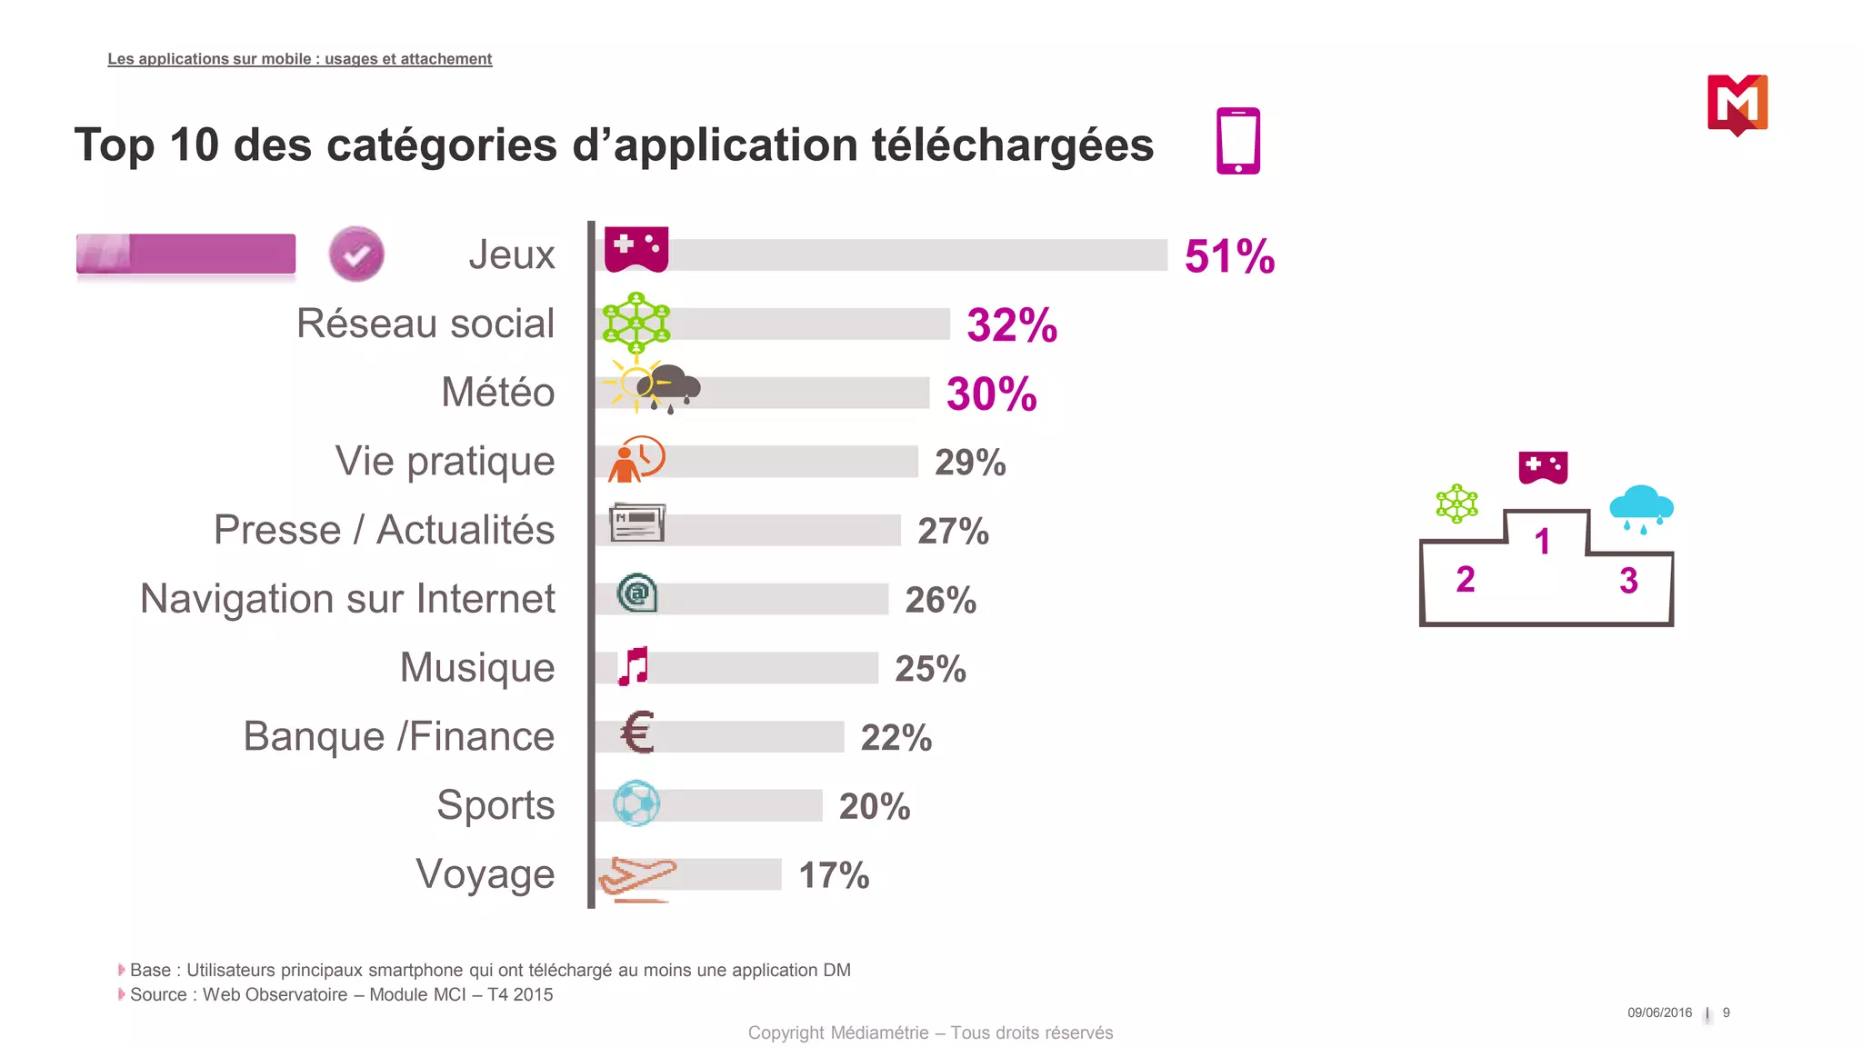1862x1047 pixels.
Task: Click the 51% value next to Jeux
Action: (x=1229, y=256)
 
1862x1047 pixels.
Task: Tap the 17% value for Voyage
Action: (x=834, y=875)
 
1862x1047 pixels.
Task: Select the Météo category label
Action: (x=497, y=393)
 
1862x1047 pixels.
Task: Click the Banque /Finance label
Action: (x=398, y=736)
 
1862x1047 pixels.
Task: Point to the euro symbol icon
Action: (x=637, y=733)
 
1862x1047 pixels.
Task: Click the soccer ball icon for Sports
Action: (x=636, y=803)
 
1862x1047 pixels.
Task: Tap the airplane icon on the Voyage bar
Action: (x=636, y=877)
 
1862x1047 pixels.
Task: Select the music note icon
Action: (x=634, y=666)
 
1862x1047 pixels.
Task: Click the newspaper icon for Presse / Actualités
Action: (x=637, y=523)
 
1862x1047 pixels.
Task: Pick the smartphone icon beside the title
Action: (x=1238, y=141)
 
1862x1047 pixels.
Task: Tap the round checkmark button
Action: (x=356, y=254)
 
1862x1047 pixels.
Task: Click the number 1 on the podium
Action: (x=1542, y=542)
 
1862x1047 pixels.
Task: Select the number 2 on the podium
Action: (x=1465, y=580)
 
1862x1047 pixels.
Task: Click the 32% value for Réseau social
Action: (x=1012, y=325)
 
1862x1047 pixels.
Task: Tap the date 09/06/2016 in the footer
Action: (x=1659, y=1012)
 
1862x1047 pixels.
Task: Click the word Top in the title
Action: (x=115, y=145)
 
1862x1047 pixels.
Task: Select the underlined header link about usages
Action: (x=299, y=59)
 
